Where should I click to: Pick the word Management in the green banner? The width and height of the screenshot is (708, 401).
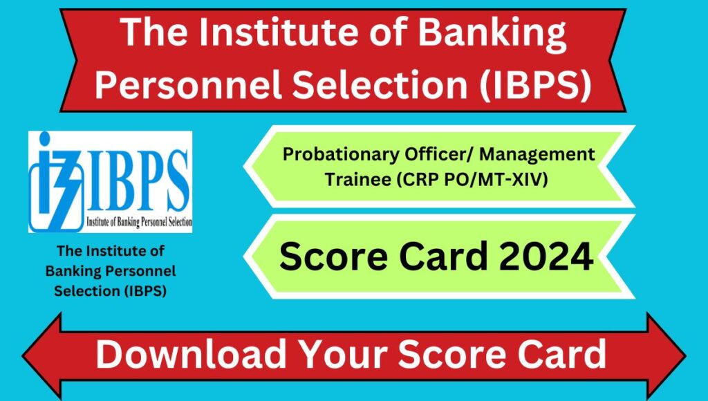[537, 155]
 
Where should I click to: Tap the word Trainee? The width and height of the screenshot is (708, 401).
[358, 179]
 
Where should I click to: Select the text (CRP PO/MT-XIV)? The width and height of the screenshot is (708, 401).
[472, 179]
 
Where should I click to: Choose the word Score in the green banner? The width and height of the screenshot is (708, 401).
[333, 256]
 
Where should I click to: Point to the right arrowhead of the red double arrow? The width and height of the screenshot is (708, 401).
[667, 356]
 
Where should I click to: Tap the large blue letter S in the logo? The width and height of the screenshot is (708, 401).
[175, 180]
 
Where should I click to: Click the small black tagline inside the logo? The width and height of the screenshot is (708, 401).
[139, 222]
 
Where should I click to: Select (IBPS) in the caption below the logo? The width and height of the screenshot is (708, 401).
[145, 291]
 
